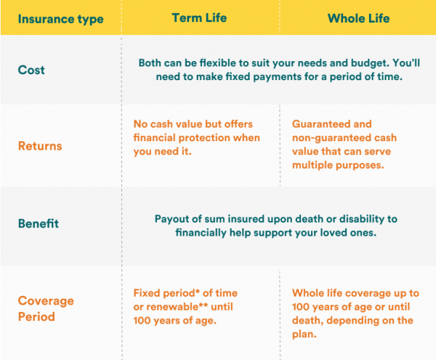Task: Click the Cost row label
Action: click(x=31, y=70)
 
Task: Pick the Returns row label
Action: click(x=40, y=145)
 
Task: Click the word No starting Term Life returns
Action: click(x=141, y=124)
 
